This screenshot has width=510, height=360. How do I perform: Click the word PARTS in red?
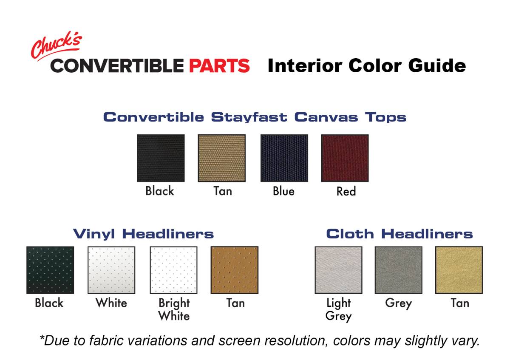(219, 66)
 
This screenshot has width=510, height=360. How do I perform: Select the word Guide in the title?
(437, 65)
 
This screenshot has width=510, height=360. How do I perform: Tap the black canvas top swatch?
(161, 158)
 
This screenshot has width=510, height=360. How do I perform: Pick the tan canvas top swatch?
(222, 158)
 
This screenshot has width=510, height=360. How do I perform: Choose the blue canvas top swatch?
(284, 158)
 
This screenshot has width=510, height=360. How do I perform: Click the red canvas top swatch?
(345, 158)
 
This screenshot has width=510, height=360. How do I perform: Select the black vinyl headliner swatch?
(50, 270)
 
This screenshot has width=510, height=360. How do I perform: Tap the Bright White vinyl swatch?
(173, 270)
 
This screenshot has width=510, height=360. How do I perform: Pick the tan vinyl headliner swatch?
(235, 270)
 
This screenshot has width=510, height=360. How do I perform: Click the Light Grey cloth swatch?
(339, 270)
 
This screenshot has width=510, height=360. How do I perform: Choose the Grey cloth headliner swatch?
(399, 270)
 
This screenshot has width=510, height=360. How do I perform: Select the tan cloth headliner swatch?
(459, 270)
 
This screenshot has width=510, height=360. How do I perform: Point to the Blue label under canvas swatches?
(284, 191)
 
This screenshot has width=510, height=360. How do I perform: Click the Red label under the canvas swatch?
(346, 191)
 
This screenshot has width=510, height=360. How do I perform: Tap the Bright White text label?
(174, 310)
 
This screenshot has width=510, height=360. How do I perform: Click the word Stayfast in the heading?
(249, 117)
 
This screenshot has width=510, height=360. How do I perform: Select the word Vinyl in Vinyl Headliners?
(94, 234)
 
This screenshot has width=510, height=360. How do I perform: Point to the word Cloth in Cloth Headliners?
(350, 234)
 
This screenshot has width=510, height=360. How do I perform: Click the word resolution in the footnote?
(296, 341)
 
